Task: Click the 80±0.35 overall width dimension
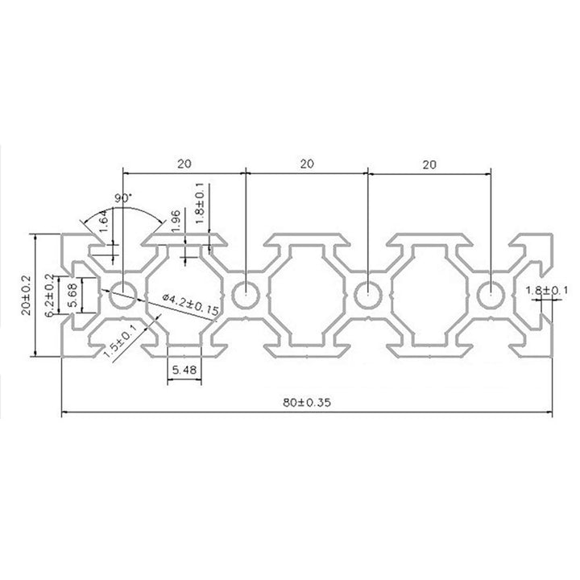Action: (x=306, y=404)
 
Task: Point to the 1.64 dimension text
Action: (x=103, y=221)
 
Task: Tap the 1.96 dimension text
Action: (x=174, y=219)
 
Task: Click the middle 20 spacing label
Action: (x=306, y=163)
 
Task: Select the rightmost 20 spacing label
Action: (x=429, y=163)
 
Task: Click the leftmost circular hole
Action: (x=123, y=296)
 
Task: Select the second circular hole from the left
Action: (x=245, y=296)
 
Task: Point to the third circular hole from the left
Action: (x=367, y=296)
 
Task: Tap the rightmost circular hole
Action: (x=489, y=296)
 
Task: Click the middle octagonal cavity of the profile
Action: (x=306, y=296)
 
